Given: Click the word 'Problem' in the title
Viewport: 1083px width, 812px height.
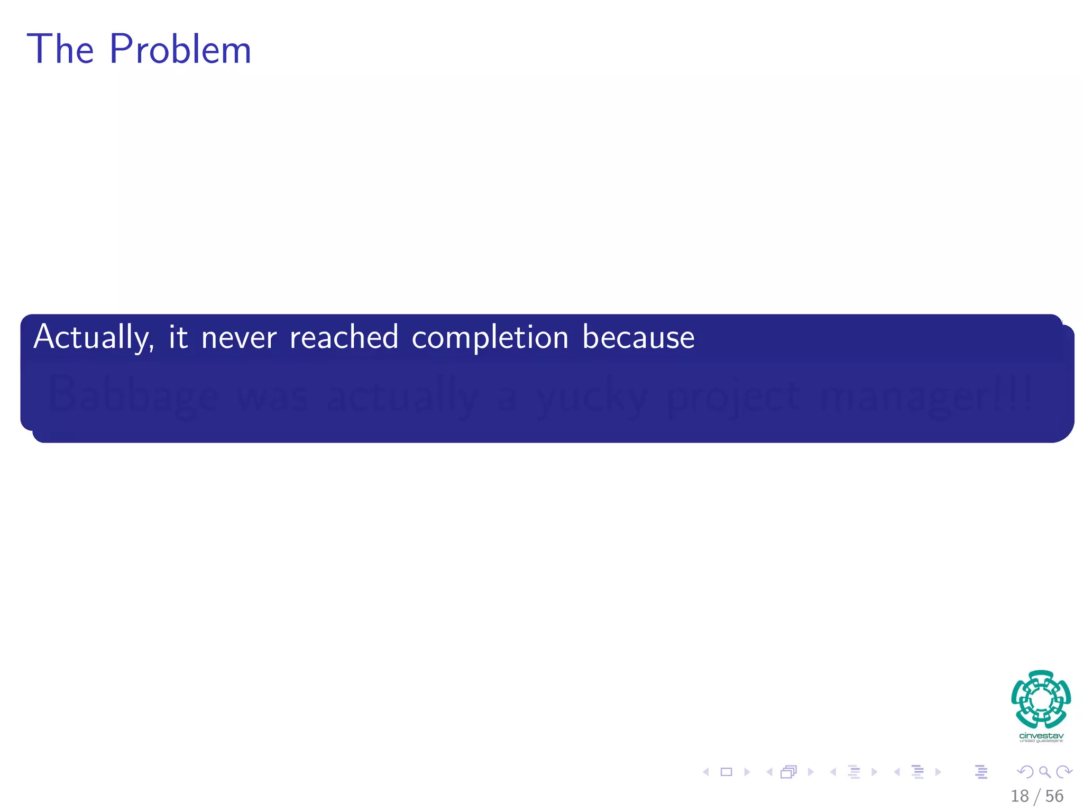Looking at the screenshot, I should pyautogui.click(x=180, y=50).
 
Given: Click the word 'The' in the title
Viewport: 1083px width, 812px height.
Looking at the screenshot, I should pyautogui.click(x=61, y=50).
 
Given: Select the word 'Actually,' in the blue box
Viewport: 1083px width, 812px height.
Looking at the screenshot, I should pyautogui.click(x=94, y=337).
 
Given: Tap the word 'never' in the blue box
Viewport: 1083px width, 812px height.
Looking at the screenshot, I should pyautogui.click(x=239, y=337).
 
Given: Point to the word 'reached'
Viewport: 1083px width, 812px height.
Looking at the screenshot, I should pyautogui.click(x=344, y=337).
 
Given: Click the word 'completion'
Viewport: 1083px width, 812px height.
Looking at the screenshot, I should pyautogui.click(x=490, y=338).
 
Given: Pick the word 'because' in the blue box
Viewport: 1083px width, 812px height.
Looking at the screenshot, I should pyautogui.click(x=638, y=337).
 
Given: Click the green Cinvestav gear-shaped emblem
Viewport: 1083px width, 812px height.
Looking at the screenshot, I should pyautogui.click(x=1041, y=699).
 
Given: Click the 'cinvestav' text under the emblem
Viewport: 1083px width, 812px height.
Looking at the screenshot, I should pyautogui.click(x=1041, y=736).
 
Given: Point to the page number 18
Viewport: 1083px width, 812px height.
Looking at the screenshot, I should pyautogui.click(x=1020, y=796).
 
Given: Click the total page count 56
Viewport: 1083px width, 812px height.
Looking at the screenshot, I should pyautogui.click(x=1054, y=796).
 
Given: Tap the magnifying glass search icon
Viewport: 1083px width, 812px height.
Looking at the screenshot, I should pyautogui.click(x=1045, y=772).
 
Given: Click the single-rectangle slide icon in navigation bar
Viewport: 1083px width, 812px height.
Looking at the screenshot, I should pyautogui.click(x=727, y=772).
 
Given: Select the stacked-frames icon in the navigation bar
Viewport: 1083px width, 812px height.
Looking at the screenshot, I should pyautogui.click(x=788, y=772).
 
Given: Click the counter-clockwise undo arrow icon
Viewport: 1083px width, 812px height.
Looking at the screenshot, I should pyautogui.click(x=1025, y=772).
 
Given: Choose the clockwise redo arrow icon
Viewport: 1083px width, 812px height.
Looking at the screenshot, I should pyautogui.click(x=1064, y=772).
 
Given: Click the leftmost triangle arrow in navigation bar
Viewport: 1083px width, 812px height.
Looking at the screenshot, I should pyautogui.click(x=706, y=772).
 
